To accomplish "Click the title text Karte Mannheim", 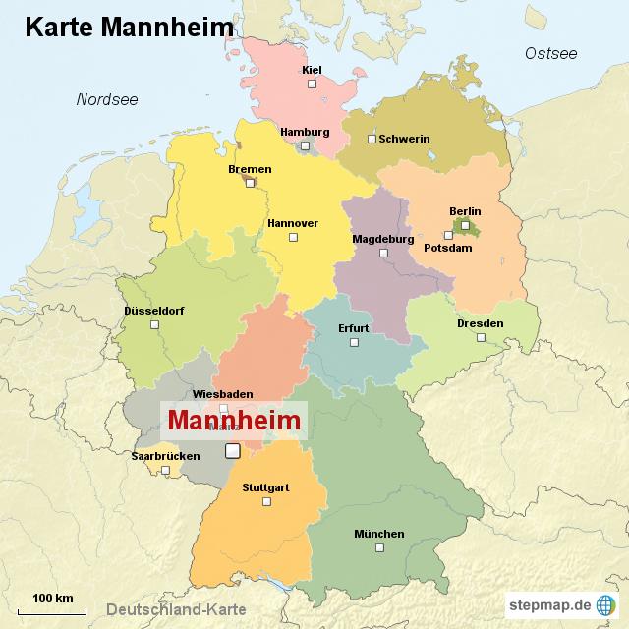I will click(x=129, y=27).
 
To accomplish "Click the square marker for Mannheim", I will click(x=232, y=451).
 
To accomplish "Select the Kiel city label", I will click(x=313, y=70).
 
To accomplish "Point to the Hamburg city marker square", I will click(x=305, y=146).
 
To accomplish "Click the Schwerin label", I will click(x=404, y=139).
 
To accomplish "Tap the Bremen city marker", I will click(x=250, y=182).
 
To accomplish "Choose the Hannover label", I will click(x=293, y=223).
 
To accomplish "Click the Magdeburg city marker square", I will click(x=384, y=253).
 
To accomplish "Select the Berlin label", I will click(x=465, y=211).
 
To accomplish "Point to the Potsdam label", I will click(x=448, y=248).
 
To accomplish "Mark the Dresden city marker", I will click(x=481, y=337).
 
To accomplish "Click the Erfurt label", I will click(x=354, y=328).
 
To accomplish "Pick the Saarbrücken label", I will click(x=165, y=456).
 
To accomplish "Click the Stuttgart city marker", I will click(x=265, y=501).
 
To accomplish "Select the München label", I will click(x=378, y=534).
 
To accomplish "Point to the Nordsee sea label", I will click(x=107, y=99).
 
